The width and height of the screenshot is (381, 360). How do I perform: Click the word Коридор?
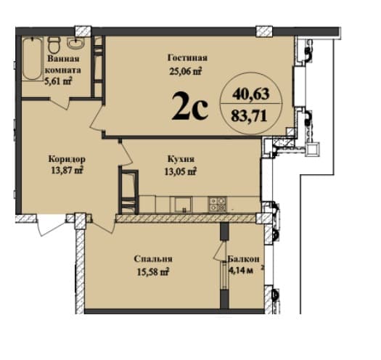[67, 158]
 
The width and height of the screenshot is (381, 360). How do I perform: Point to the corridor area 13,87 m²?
[65, 171]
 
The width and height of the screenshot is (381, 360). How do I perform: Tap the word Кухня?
[179, 158]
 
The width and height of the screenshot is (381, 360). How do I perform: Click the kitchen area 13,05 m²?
[179, 171]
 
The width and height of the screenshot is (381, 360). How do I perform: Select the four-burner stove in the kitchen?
[218, 203]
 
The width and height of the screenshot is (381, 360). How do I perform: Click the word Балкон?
[244, 259]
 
